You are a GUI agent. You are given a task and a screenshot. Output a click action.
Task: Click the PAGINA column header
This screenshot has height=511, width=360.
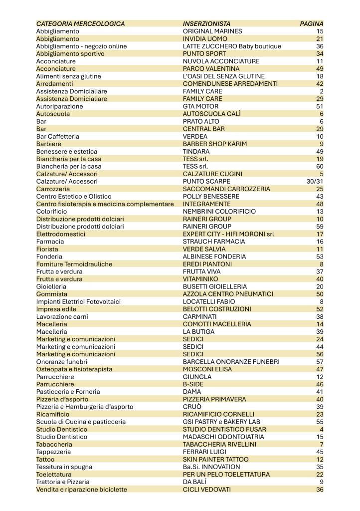[311, 23]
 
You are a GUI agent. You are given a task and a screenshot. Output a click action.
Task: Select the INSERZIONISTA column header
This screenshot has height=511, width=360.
[206, 23]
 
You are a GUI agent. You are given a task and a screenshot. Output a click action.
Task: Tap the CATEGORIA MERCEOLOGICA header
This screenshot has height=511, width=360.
[80, 23]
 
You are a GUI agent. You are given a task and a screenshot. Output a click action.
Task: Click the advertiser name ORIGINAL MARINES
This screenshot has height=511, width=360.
[212, 31]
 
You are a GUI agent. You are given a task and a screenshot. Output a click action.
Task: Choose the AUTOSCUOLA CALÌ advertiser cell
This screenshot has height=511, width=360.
[211, 114]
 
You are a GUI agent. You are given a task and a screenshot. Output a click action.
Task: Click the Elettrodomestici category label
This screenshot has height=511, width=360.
[60, 234]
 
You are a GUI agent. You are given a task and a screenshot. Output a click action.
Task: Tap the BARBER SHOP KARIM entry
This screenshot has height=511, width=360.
[215, 144]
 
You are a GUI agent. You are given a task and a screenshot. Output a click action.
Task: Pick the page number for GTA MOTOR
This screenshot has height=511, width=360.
[320, 106]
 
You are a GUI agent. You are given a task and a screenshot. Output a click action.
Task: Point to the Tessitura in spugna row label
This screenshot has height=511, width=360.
[64, 467]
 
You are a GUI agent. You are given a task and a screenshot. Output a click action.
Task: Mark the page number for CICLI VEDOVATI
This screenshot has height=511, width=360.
[320, 489]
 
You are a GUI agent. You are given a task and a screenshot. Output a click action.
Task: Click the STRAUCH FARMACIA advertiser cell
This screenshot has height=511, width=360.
[214, 241]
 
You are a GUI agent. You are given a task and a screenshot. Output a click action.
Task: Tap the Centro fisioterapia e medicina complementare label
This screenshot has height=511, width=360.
[106, 204]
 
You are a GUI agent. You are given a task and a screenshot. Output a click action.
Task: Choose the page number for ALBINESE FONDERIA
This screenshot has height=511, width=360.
[320, 256]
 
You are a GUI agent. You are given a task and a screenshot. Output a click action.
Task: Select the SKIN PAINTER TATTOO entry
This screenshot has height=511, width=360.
[215, 459]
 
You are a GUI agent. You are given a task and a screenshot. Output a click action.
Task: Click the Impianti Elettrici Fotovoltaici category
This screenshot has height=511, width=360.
[78, 301]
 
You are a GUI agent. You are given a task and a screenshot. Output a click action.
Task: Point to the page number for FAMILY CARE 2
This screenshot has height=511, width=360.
[322, 91]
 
